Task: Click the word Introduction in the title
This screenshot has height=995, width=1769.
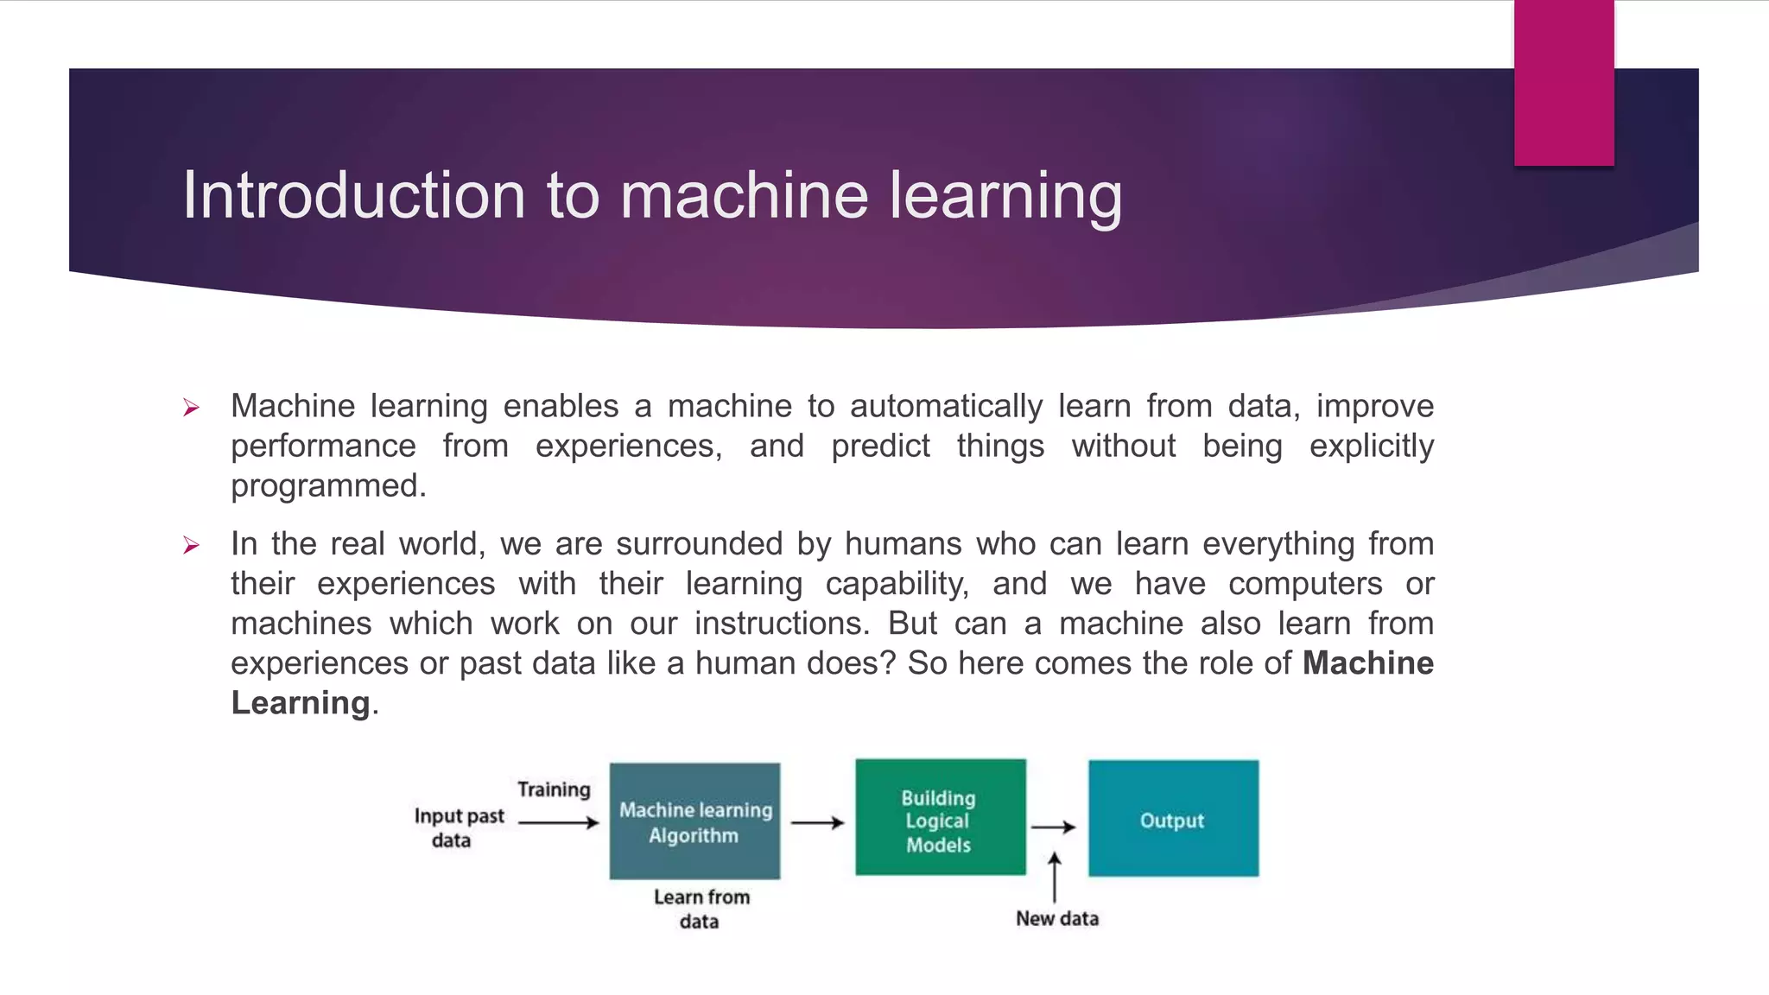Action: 353,195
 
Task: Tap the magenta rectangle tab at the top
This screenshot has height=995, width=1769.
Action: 1563,83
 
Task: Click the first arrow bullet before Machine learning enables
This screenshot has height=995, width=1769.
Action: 192,408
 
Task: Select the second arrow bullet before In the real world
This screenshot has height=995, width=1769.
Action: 192,545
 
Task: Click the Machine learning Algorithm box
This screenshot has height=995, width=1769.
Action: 694,821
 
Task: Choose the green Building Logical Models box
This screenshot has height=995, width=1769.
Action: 940,818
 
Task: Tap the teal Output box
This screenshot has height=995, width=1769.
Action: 1173,819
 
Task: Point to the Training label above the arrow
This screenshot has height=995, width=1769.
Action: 554,789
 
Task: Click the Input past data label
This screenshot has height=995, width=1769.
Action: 458,827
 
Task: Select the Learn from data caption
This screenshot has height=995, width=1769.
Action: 701,909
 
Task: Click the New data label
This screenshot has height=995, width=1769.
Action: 1056,919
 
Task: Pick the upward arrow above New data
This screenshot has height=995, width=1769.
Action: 1054,877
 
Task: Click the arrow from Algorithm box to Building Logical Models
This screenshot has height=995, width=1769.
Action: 816,823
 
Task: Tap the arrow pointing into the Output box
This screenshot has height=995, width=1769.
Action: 1053,827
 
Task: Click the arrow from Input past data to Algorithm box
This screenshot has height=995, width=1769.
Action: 558,823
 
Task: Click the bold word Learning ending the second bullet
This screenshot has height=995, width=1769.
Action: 301,703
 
